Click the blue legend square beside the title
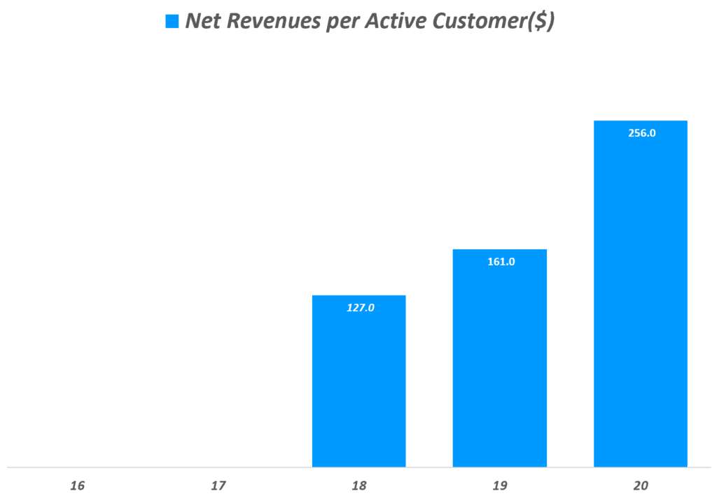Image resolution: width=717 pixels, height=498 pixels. [x=172, y=22]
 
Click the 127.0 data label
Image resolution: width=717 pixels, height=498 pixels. [x=361, y=307]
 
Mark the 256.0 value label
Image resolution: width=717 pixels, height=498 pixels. [x=641, y=132]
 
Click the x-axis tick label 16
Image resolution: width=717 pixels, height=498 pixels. [x=78, y=485]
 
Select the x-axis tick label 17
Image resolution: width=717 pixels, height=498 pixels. [x=218, y=485]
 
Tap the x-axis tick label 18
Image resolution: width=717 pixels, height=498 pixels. [x=359, y=485]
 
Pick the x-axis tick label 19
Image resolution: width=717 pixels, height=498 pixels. [x=500, y=485]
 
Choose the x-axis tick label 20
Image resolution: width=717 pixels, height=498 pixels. [x=641, y=485]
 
